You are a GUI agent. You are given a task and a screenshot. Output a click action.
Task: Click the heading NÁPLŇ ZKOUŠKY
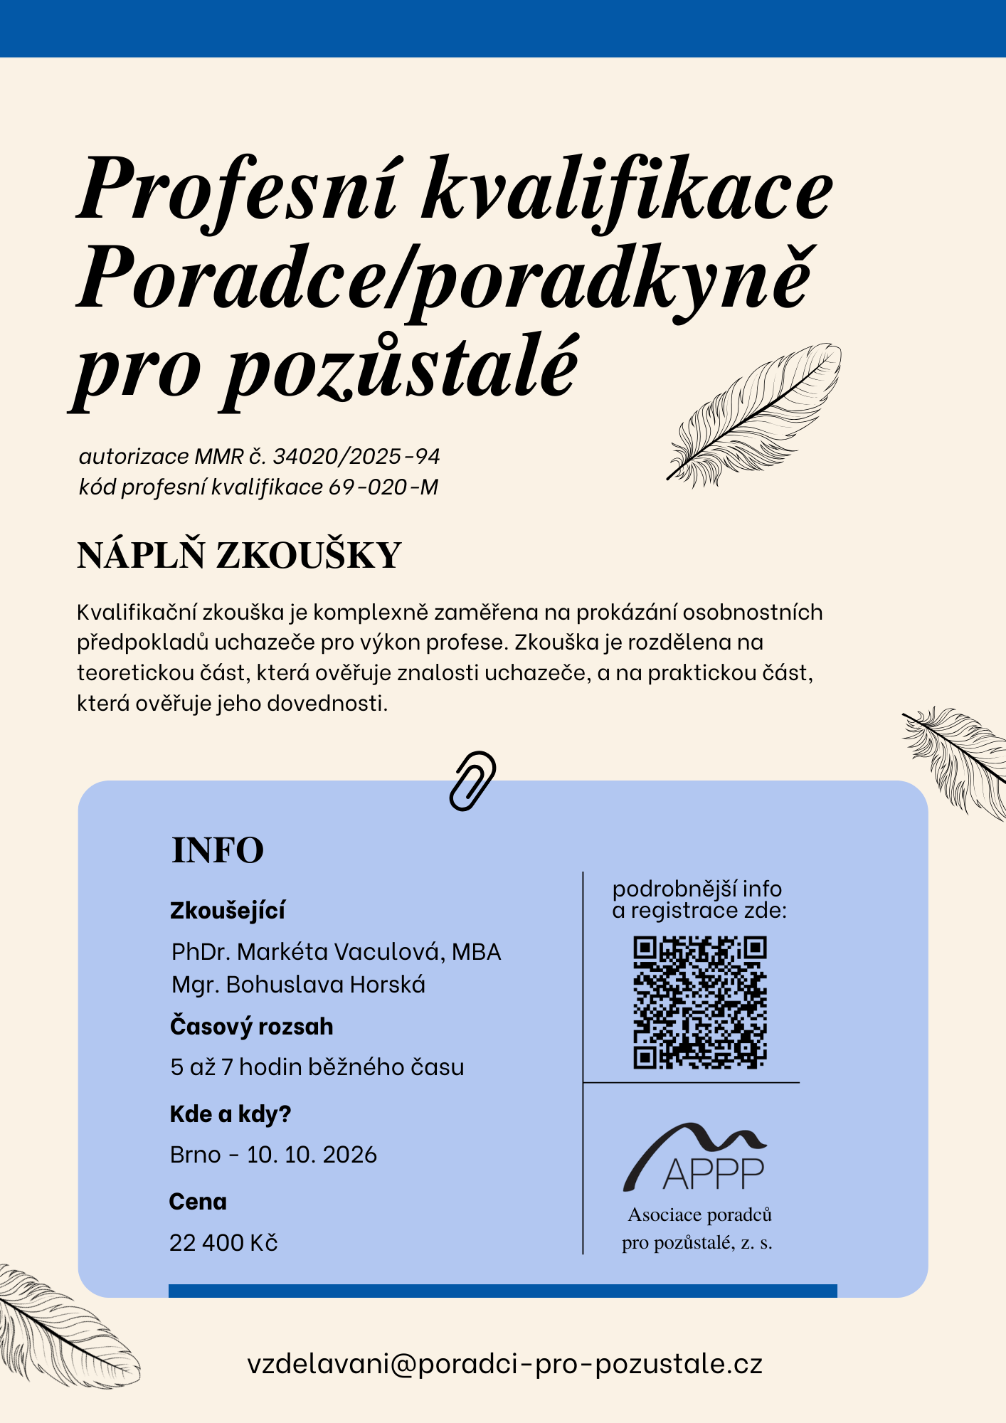coord(239,556)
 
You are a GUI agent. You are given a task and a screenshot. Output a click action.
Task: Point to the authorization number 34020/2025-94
coord(356,456)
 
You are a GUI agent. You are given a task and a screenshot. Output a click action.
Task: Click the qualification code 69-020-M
coord(383,487)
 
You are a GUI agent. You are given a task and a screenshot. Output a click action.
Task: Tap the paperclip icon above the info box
coord(472,781)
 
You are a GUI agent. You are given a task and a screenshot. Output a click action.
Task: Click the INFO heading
coord(218,850)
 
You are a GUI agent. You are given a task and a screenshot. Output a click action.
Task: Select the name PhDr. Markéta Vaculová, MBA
coord(336,952)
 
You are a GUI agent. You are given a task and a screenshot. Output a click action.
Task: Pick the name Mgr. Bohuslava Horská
coord(298,985)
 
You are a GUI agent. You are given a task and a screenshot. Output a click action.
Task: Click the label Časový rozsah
coord(251,1027)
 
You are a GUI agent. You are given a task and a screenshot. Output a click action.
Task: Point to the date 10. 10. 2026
coord(312,1154)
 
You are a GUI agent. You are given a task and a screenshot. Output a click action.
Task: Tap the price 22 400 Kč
coord(223,1242)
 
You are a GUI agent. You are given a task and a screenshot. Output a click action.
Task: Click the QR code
coord(700,1003)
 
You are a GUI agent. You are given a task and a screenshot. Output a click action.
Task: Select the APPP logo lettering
coord(713,1174)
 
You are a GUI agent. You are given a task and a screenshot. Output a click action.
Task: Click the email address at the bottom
coord(505,1364)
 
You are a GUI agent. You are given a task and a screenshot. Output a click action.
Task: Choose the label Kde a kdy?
coord(231,1114)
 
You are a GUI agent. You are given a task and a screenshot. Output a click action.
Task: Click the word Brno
coord(195,1154)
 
